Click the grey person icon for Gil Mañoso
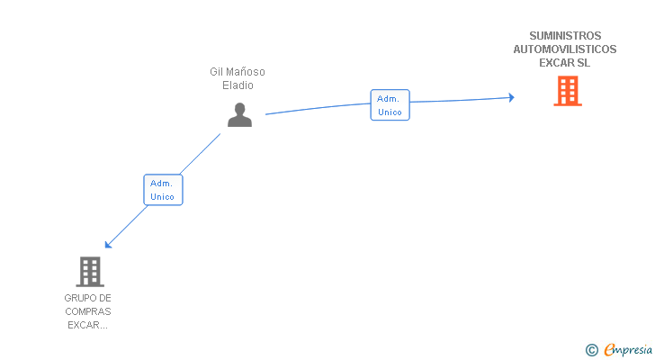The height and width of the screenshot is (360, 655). (x=239, y=115)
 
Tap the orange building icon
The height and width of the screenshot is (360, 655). (x=567, y=91)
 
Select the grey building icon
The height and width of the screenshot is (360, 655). (x=89, y=271)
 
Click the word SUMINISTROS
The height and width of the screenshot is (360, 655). (x=565, y=36)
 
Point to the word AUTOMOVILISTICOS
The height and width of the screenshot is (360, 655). (x=565, y=49)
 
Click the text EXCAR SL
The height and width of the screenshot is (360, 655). (x=565, y=63)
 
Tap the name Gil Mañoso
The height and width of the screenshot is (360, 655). (x=238, y=72)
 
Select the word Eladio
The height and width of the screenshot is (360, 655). (x=238, y=85)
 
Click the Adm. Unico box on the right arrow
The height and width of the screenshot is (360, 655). (x=390, y=105)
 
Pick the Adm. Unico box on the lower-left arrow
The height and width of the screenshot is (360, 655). (x=163, y=189)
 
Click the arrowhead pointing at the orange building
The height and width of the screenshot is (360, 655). (x=510, y=97)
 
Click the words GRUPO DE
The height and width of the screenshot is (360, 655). (x=88, y=298)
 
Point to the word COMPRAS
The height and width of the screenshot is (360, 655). (x=88, y=311)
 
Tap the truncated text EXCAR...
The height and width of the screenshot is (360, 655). (x=88, y=325)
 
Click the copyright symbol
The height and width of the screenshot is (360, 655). (x=592, y=349)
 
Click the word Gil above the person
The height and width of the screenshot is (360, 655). (x=216, y=72)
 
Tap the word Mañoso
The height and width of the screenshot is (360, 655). (x=246, y=72)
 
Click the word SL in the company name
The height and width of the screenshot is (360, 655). (x=584, y=63)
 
